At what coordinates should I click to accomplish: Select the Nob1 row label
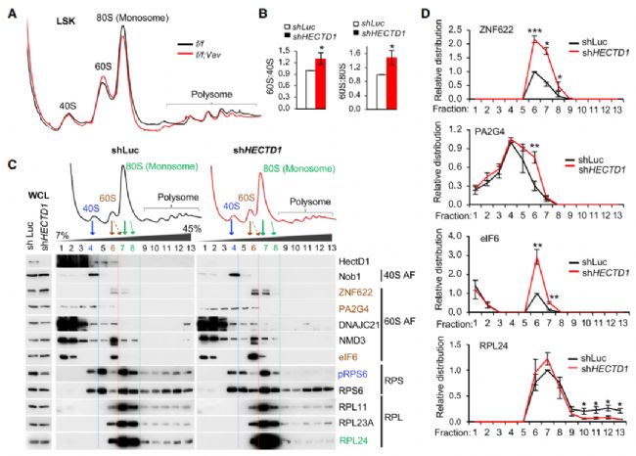pyautogui.click(x=356, y=277)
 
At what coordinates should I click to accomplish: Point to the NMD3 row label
pyautogui.click(x=357, y=342)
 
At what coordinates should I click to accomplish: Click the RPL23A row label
pyautogui.click(x=361, y=421)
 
